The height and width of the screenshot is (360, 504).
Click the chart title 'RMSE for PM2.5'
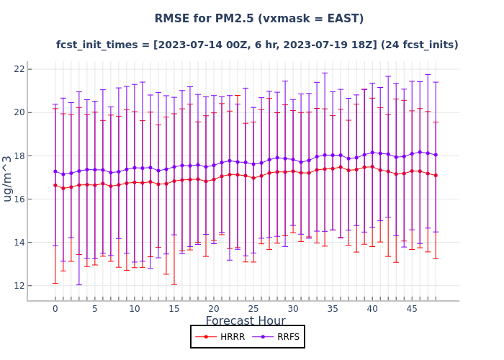coord(258,19)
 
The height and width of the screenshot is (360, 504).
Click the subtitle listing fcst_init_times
coord(257,45)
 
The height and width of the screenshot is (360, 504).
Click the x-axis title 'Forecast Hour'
coord(246,321)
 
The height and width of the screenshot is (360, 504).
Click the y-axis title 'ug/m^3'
coord(8,179)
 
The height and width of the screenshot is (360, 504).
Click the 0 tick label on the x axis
coord(55,308)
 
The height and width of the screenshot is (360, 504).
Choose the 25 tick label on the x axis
coord(253,308)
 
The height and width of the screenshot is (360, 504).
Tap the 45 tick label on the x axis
coord(412,308)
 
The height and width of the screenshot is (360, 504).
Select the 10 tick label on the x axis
coord(134,308)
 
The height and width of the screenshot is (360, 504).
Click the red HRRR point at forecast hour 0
coord(55,185)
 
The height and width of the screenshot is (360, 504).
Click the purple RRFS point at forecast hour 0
coord(55,171)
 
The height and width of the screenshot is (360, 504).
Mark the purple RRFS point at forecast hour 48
coord(436,155)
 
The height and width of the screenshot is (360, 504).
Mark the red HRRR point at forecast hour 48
coord(436,175)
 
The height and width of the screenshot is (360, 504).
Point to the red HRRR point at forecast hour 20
coord(214,179)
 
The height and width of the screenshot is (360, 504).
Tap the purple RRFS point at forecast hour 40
coord(372,153)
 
